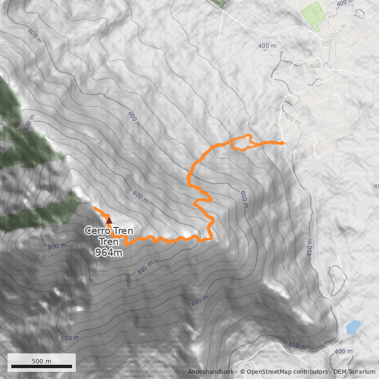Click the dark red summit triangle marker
pos(109,219)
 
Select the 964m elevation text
pos(109,253)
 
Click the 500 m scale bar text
pos(42,361)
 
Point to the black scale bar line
pos(42,366)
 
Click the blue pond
pos(353,326)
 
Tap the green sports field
pos(312,15)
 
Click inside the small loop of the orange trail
pos(242,143)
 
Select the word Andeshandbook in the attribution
pos(211,372)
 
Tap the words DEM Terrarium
pos(351,372)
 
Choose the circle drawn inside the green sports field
pos(316,9)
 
